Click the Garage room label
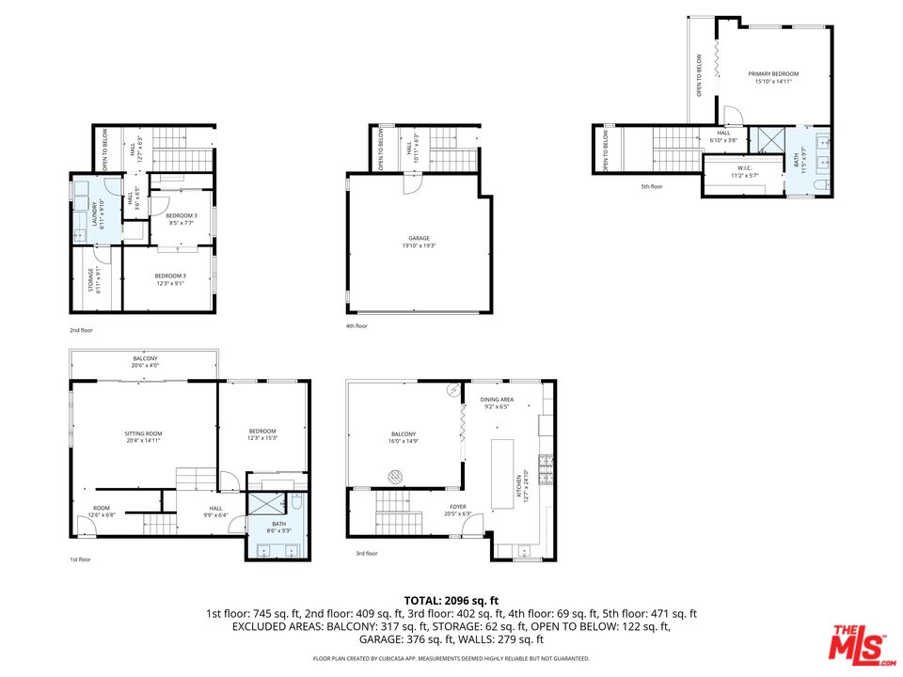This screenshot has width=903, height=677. pyautogui.click(x=419, y=242)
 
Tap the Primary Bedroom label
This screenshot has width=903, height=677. pyautogui.click(x=773, y=77)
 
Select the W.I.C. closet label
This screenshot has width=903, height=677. pyautogui.click(x=744, y=172)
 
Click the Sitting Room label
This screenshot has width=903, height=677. pyautogui.click(x=144, y=437)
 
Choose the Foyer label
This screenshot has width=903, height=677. pyautogui.click(x=457, y=510)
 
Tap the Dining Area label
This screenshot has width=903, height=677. pyautogui.click(x=496, y=403)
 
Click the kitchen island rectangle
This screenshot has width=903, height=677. pyautogui.click(x=502, y=473)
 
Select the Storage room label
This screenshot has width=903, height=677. pyautogui.click(x=92, y=279)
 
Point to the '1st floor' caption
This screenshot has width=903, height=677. pyautogui.click(x=81, y=559)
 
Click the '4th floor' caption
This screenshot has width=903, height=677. pyautogui.click(x=356, y=325)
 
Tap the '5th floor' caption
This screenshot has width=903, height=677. pyautogui.click(x=652, y=186)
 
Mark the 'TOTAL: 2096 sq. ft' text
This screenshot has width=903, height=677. pyautogui.click(x=451, y=600)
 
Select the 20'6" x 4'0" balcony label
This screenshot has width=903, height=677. pyautogui.click(x=145, y=362)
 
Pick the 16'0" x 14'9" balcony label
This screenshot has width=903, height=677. pyautogui.click(x=404, y=437)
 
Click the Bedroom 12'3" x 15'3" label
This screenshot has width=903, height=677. pyautogui.click(x=262, y=433)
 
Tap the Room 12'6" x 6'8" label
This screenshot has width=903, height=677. pyautogui.click(x=102, y=511)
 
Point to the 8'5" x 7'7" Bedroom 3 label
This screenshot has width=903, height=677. pyautogui.click(x=182, y=219)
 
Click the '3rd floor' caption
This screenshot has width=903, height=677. pyautogui.click(x=366, y=554)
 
